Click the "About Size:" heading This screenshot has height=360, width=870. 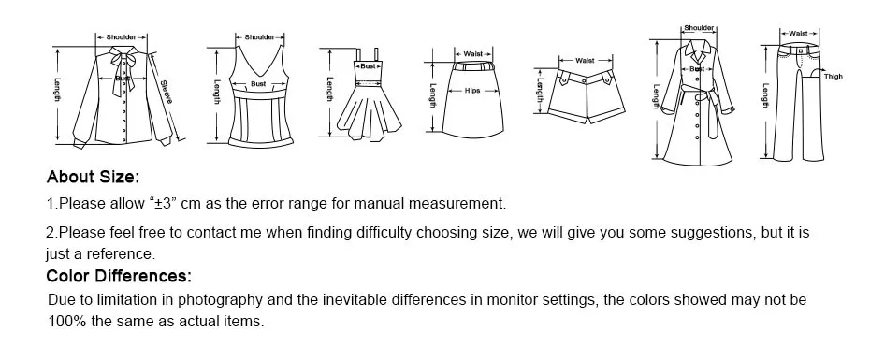coord(93,178)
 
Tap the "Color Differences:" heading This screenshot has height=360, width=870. coord(119,276)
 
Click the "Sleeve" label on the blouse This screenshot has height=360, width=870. coord(167,92)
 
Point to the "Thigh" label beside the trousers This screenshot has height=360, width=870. coord(833,77)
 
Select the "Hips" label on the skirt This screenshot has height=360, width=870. coord(472,91)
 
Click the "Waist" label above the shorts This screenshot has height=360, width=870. coord(585,61)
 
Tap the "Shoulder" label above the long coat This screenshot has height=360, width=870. coord(699,28)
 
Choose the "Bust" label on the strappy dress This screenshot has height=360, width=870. coord(369,66)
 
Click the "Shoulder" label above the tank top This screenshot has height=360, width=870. coord(259,37)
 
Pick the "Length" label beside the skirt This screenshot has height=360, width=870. coord(433,96)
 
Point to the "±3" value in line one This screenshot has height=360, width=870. coord(165,203)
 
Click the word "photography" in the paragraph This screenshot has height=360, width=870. coord(220,300)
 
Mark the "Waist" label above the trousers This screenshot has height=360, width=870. coord(798,34)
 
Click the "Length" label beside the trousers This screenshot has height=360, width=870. coord(765,95)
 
